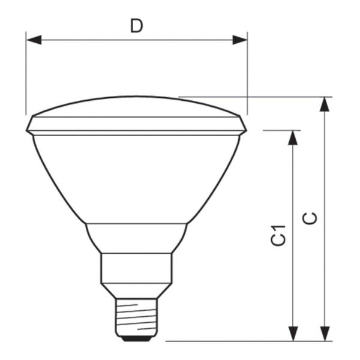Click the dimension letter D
[137, 26]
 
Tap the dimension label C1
[278, 235]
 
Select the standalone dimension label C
[310, 218]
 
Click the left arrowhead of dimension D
[34, 40]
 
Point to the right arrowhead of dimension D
[239, 40]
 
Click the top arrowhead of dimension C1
[293, 138]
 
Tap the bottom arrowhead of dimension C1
[293, 334]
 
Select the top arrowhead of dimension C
[325, 104]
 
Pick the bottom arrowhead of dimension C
[325, 334]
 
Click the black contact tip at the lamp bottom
[136, 338]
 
